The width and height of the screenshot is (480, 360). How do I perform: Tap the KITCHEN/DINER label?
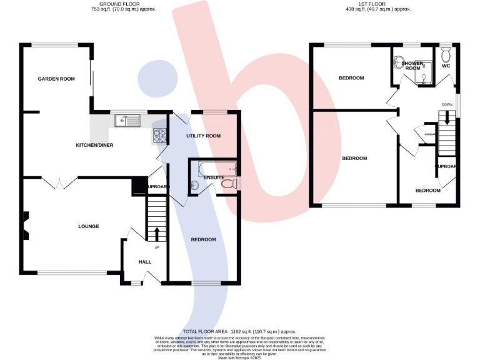pos(95,145)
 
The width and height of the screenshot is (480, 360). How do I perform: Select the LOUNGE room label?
pos(88,226)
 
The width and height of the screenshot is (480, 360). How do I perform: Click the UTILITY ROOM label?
pos(204,136)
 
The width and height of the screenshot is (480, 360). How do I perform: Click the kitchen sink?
pos(126,120)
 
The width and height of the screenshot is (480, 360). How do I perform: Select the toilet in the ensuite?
pos(232,182)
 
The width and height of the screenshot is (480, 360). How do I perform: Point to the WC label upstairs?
pos(446,65)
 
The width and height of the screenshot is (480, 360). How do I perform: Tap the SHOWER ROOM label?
pos(412,66)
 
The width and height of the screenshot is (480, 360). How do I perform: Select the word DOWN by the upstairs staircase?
pos(447,104)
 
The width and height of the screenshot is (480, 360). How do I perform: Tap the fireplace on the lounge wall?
pos(26,226)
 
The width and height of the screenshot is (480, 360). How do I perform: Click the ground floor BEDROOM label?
pos(203,240)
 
